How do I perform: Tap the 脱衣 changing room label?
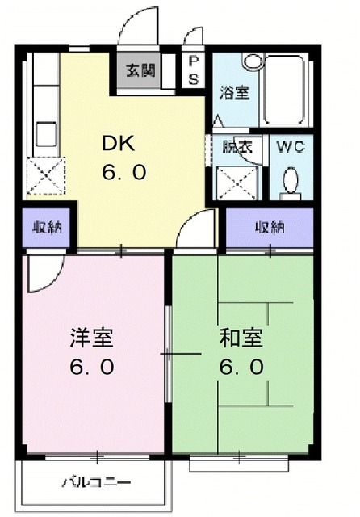click(237, 147)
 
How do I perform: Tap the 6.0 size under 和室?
click(241, 367)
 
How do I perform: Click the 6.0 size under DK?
click(123, 173)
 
